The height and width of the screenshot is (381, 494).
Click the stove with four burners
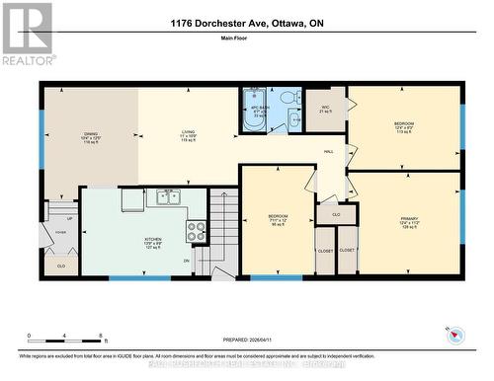196,231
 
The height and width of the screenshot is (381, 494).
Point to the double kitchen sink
165,197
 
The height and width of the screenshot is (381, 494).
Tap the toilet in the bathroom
288,98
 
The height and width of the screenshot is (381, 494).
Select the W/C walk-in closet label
325,109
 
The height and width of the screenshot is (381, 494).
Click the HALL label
328,151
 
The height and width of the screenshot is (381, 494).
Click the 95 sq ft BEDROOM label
278,218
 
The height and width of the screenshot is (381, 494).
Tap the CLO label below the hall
336,213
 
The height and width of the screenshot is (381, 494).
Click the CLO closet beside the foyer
61,266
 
